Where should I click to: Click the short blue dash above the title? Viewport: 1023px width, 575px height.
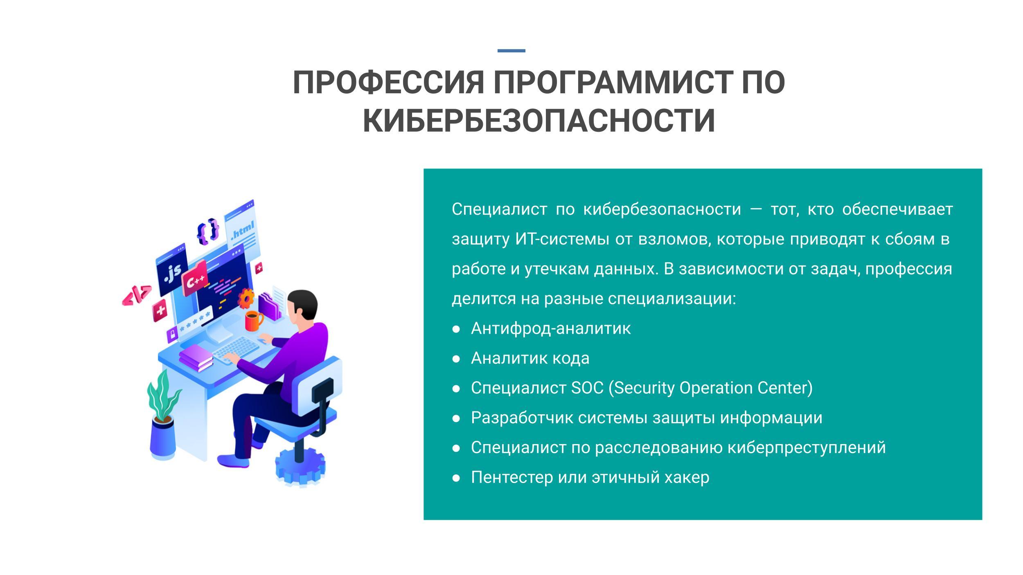[x=511, y=51]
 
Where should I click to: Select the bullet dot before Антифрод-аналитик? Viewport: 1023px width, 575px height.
[x=457, y=329]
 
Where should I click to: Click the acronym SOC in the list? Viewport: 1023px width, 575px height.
[x=587, y=388]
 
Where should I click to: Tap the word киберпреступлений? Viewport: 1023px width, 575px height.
[x=807, y=448]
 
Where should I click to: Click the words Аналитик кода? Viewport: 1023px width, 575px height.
[x=530, y=358]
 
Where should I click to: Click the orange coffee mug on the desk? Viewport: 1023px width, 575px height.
[x=254, y=321]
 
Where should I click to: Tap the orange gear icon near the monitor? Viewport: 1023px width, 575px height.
[x=246, y=298]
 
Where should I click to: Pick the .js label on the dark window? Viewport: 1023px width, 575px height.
[x=173, y=273]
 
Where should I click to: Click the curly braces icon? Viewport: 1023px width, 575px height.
[x=208, y=231]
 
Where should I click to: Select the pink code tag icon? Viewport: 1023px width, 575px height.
[x=137, y=295]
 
